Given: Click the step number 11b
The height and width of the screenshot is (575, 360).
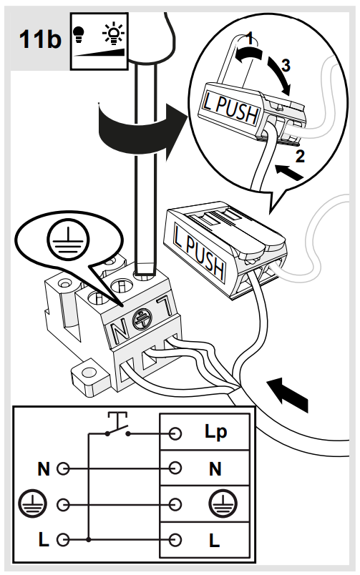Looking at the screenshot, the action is pos(40,39).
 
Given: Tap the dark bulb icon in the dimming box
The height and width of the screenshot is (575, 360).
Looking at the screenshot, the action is pos(78,34).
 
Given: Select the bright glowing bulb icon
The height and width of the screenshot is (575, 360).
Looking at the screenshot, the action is pos(113,34).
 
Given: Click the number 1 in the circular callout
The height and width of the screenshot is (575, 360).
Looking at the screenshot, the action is pos(250,38).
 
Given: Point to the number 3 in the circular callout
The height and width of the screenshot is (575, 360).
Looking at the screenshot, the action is pos(286,65).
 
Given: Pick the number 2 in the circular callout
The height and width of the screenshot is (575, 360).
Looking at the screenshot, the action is pos(300,157).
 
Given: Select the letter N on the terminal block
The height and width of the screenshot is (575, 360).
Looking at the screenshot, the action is pos(120,330).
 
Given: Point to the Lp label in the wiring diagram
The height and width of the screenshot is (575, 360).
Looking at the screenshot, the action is pos(215,432).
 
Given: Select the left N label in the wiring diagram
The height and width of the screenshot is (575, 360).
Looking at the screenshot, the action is pos(44,468).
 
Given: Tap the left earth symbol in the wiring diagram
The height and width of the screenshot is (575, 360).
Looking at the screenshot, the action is pos(33,504).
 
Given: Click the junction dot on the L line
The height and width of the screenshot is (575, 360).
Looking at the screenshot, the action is pos(89,540).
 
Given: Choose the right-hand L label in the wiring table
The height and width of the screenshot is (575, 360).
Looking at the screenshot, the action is pos(214,540).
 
